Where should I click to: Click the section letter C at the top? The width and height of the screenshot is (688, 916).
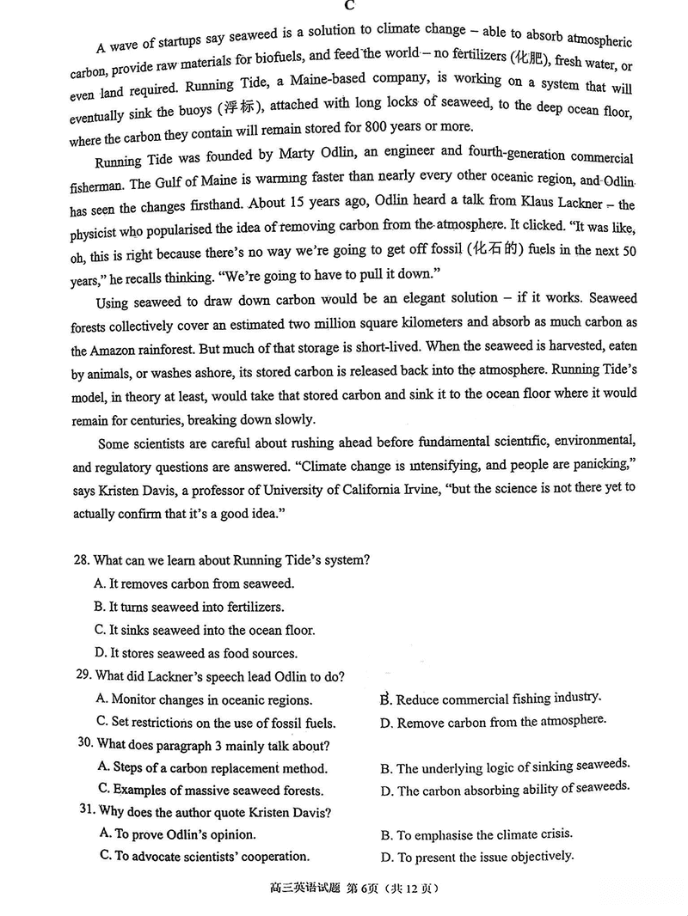[x=350, y=6]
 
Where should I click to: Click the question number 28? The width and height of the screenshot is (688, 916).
[x=82, y=560]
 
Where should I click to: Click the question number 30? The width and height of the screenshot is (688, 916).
[x=85, y=744]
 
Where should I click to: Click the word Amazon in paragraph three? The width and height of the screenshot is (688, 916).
[x=114, y=351]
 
